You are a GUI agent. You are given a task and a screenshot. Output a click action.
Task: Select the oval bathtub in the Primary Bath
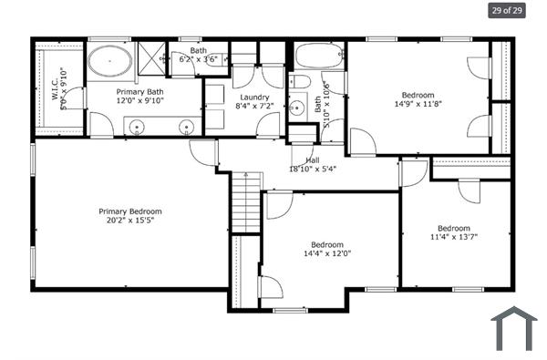coord(109,62)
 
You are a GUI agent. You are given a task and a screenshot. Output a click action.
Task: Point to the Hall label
coord(313,160)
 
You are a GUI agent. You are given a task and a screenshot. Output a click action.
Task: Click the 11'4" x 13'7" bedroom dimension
coord(452,237)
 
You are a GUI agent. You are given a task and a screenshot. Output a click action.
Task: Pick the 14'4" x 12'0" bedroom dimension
coord(326,253)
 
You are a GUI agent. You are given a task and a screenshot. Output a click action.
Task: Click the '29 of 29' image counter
coord(507,11)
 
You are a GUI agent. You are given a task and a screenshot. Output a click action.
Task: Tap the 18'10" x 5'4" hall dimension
coord(313,169)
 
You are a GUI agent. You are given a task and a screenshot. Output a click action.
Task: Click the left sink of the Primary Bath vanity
coord(139,127)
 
